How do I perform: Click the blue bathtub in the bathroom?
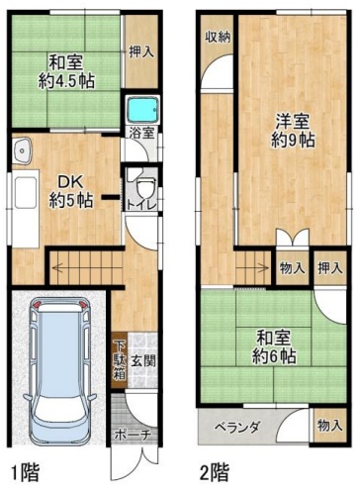pos(142,109)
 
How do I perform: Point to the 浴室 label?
pos(140,133)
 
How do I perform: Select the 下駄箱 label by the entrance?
pos(118,362)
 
